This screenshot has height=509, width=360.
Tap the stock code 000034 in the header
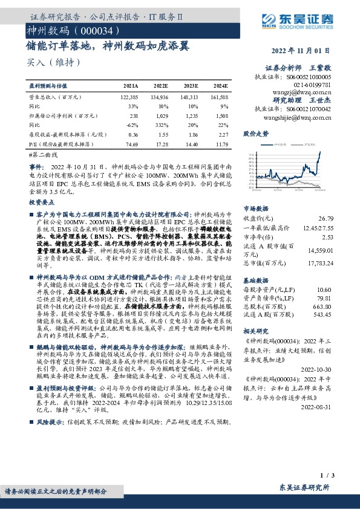pos(94,30)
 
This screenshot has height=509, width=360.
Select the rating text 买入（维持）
pos(53,62)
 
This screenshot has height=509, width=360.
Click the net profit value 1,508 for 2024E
pos(221,114)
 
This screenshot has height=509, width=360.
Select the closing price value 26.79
pos(326,218)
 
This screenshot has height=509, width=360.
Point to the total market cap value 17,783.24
pos(320,263)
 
